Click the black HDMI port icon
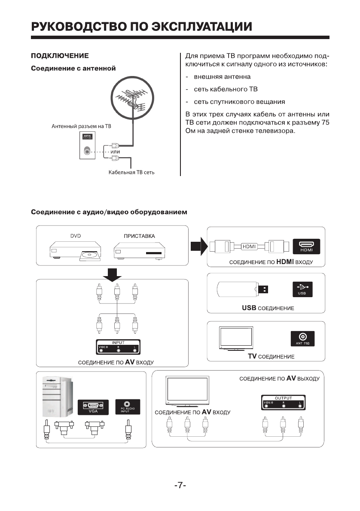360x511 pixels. [306, 246]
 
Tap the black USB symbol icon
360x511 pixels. [302, 289]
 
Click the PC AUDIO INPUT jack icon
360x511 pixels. [128, 406]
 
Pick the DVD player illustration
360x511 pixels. [75, 250]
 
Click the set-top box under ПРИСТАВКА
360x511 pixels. [139, 250]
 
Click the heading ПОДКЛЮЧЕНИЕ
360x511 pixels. [60, 56]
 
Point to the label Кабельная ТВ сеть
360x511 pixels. [131, 173]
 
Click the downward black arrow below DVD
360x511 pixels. [113, 275]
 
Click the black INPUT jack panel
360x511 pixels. [117, 346]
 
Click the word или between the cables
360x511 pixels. [115, 152]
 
